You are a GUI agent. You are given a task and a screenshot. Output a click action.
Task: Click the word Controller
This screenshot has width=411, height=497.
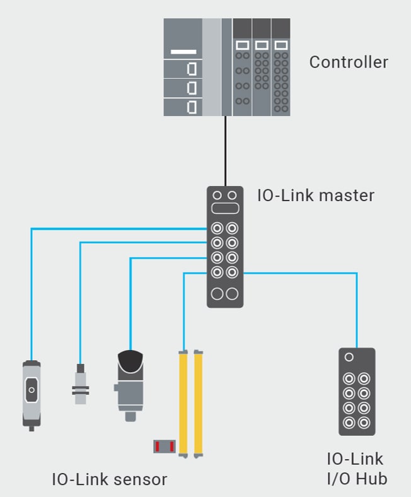(x=348, y=62)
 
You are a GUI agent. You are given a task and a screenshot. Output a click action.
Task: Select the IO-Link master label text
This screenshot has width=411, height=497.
(x=315, y=195)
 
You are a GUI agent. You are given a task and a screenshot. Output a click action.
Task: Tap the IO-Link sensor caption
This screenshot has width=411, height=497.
(x=109, y=479)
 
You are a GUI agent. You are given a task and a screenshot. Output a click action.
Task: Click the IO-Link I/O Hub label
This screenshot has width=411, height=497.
(x=356, y=468)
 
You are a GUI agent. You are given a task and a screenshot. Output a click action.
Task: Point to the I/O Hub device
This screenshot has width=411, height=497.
(x=356, y=391)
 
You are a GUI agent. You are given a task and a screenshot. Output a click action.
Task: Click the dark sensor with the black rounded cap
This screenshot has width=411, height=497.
(x=130, y=381)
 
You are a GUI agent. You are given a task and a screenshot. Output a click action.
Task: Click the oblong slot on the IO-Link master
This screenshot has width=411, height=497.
(x=225, y=209)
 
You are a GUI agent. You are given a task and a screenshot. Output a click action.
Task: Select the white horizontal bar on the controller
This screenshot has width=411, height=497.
(x=183, y=52)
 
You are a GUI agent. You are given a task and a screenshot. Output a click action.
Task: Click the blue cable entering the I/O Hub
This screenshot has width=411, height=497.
(x=357, y=309)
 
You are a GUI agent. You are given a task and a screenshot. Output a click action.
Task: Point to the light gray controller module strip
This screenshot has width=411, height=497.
(x=212, y=67)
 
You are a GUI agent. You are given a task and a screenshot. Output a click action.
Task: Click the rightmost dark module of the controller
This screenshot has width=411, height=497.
(x=281, y=67)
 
